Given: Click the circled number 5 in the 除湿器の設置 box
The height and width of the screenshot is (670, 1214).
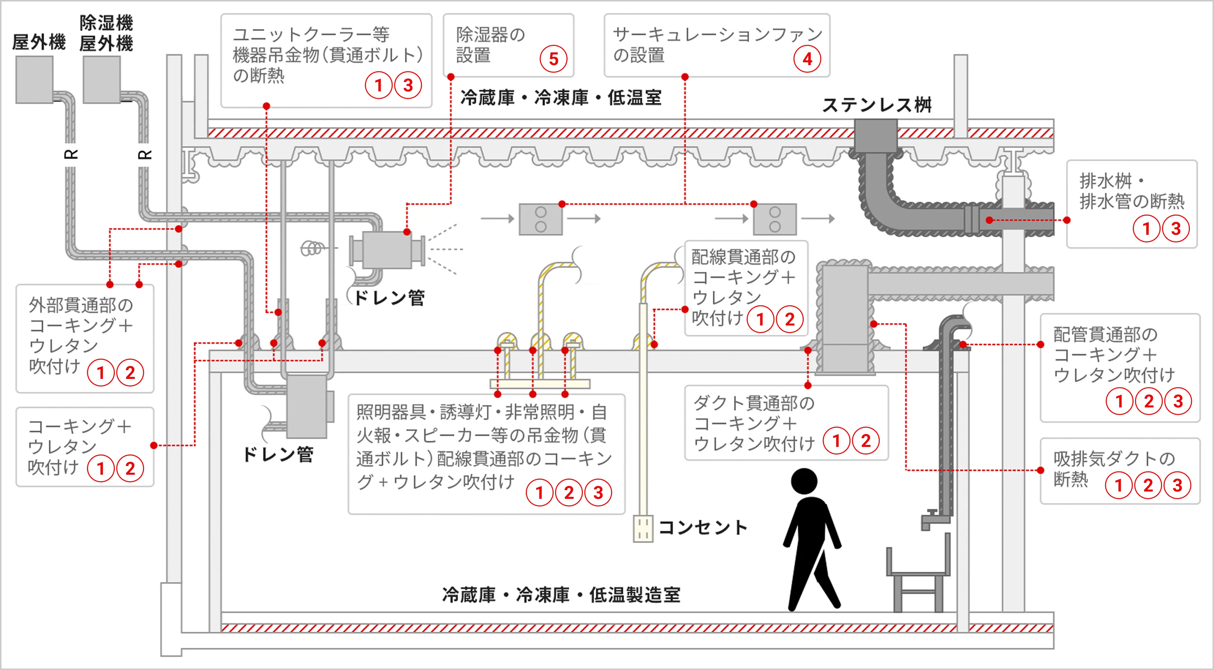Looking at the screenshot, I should [x=553, y=59].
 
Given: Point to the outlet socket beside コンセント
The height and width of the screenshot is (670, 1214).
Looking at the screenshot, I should [x=643, y=528].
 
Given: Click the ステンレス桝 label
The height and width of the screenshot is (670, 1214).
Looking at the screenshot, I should [x=876, y=105].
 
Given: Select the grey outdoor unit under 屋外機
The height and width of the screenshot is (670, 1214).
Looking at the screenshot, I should [x=34, y=79].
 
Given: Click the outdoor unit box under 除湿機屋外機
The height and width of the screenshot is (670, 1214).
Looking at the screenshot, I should [x=102, y=79].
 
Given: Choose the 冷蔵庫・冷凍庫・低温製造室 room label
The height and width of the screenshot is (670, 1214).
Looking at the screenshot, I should [x=561, y=595].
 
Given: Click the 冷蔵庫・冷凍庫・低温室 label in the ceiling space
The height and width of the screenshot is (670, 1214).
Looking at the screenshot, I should [x=561, y=98].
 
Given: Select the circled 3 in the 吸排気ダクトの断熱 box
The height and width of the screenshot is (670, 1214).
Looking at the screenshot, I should [x=1177, y=485].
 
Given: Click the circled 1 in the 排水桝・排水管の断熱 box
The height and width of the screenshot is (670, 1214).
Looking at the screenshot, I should [x=1146, y=229].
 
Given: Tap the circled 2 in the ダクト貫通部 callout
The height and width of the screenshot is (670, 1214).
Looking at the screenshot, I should [x=866, y=441].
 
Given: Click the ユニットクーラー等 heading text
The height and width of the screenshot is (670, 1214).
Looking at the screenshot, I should [x=311, y=34].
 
